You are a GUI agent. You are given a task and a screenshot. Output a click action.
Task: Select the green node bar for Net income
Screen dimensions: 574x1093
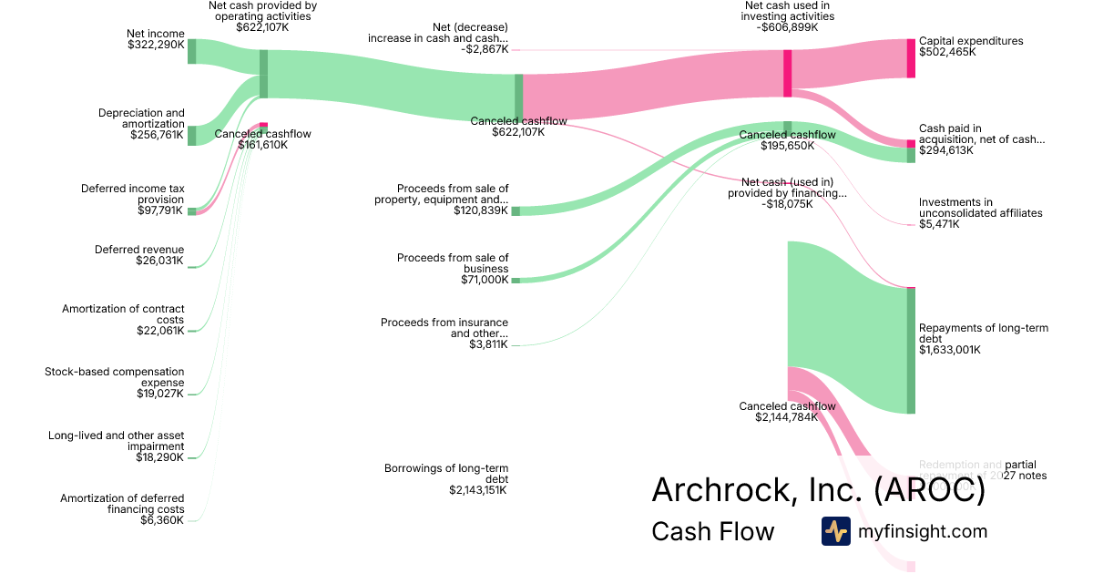(192, 52)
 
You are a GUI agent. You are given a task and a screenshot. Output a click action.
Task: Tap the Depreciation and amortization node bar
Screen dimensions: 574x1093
(192, 136)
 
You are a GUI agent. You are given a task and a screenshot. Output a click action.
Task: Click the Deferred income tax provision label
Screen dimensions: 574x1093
(132, 194)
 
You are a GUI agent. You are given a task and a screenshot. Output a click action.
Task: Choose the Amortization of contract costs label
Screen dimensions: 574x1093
(123, 314)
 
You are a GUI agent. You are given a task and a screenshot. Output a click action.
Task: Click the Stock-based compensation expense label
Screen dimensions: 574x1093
(114, 377)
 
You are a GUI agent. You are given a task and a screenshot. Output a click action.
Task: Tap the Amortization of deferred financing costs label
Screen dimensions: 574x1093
(122, 504)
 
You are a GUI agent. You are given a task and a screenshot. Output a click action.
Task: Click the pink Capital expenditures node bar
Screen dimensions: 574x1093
(911, 58)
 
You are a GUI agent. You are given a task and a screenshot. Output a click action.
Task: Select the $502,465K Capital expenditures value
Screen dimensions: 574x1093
(947, 52)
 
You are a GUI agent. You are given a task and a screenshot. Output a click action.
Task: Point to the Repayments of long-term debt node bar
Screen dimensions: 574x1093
(911, 351)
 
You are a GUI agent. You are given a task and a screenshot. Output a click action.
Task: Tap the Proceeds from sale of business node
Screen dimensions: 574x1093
(516, 280)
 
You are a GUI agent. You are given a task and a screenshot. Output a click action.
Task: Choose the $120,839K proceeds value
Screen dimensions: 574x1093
(481, 210)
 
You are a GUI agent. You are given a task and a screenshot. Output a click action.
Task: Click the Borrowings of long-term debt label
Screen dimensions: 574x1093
(446, 474)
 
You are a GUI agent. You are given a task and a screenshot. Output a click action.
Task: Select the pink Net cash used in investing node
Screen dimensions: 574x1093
(787, 73)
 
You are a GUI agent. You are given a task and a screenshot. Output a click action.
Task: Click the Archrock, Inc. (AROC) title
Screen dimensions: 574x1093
(818, 490)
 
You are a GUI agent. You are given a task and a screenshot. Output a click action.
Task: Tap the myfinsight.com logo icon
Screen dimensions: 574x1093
(835, 531)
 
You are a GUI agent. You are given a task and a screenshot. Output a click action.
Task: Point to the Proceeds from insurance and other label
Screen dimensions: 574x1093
(444, 328)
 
